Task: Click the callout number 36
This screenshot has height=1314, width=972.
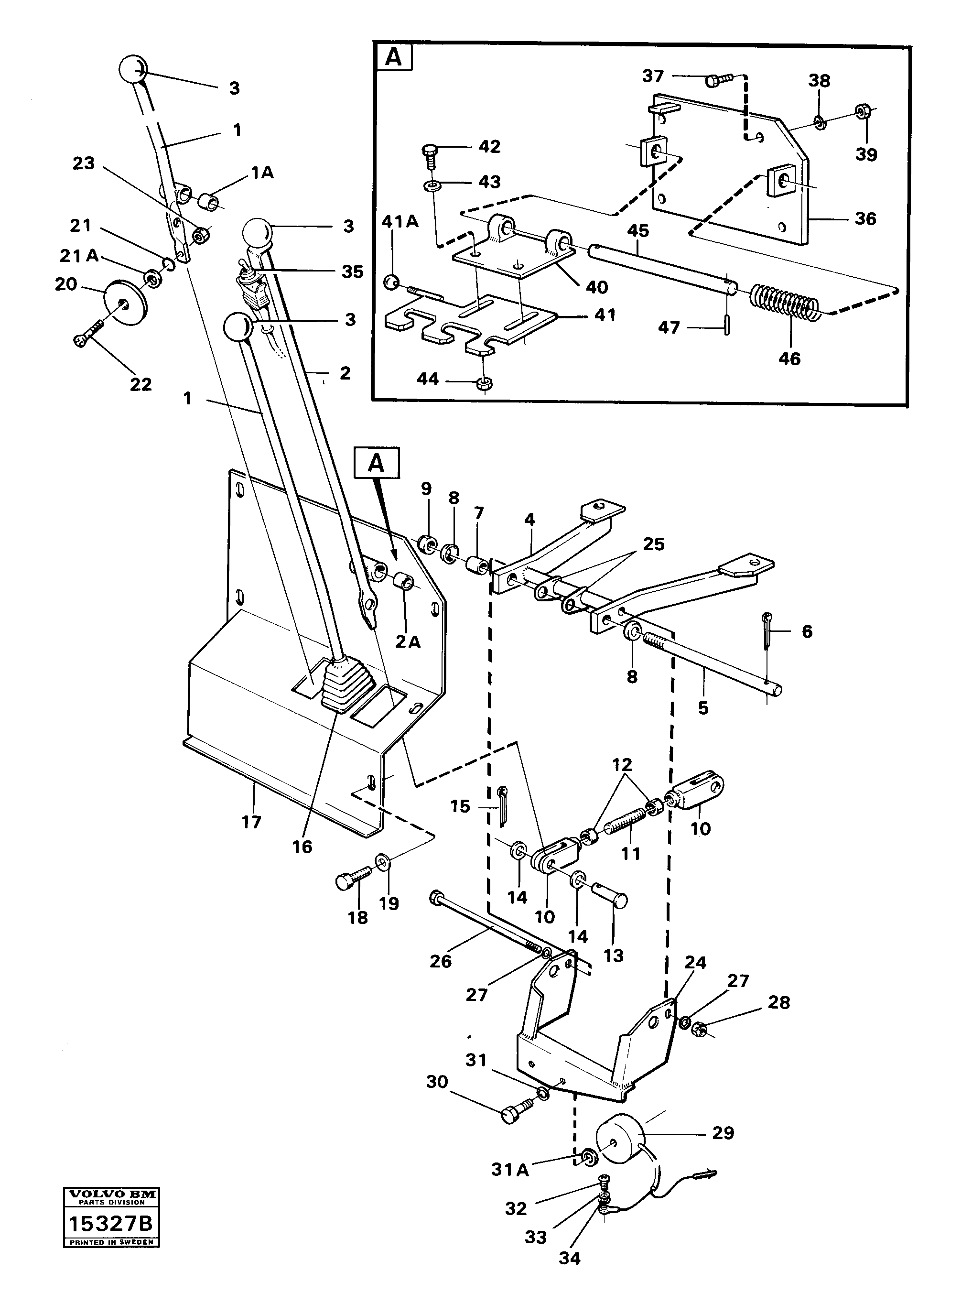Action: pos(865,219)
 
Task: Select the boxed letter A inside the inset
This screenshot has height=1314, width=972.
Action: pos(394,58)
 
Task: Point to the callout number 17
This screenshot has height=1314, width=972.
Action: pos(251,822)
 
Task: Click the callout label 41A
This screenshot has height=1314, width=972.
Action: pos(400,222)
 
